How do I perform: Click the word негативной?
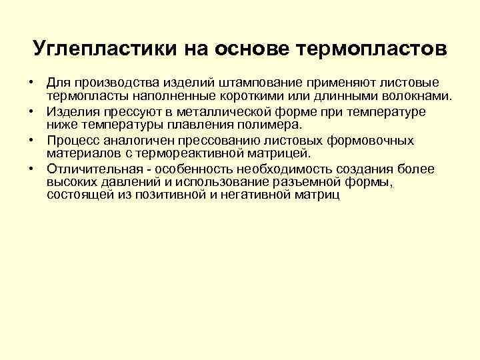257,195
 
